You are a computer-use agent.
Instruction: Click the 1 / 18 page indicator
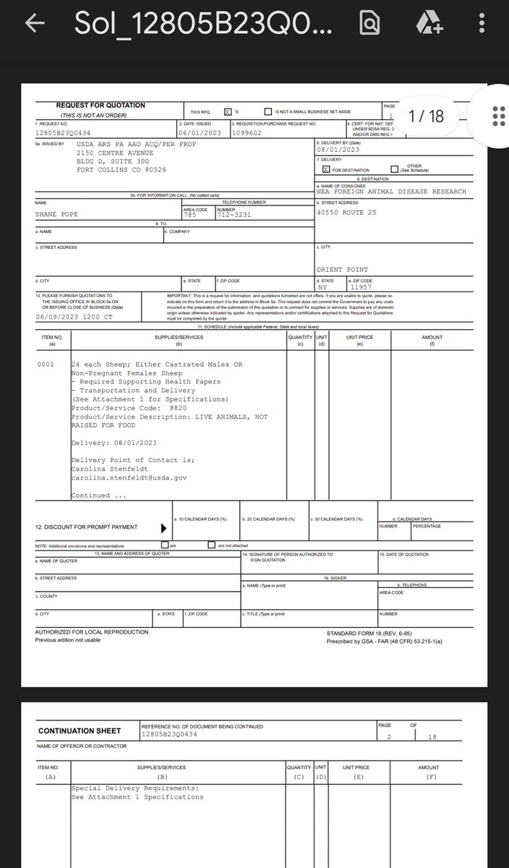(426, 116)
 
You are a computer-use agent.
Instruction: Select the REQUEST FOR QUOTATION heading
(100, 106)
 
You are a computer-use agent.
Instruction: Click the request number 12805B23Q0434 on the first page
(64, 133)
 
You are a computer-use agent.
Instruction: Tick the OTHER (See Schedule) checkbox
(394, 169)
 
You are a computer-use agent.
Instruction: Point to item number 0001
(46, 365)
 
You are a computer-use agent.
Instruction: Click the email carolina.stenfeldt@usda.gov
(129, 477)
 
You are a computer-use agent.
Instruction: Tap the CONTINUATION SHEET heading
(80, 731)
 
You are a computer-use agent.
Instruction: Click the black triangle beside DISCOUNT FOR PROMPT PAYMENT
(163, 528)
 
